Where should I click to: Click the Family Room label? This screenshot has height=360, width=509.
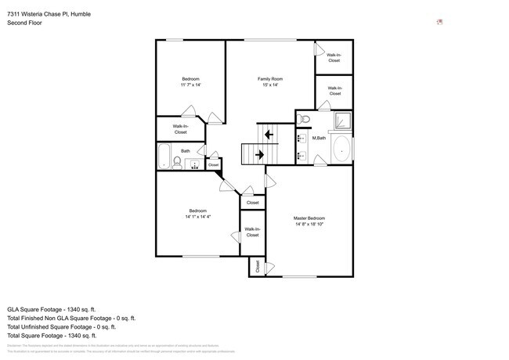click(270, 79)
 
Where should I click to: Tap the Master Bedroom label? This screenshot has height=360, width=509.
click(309, 218)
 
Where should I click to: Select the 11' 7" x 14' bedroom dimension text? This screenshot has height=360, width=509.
click(190, 85)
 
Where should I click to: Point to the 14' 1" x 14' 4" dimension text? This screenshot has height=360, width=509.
click(197, 217)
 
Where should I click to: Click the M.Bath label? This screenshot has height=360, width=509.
click(319, 139)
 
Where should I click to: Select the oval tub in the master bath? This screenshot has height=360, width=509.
click(341, 148)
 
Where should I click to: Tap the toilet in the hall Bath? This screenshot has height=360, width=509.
click(178, 163)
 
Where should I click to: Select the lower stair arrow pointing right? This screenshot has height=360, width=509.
click(259, 155)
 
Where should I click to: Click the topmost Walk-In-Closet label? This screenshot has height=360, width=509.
click(334, 57)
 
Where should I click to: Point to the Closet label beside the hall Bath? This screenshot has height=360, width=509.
click(213, 164)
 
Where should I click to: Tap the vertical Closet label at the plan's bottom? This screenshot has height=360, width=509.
click(257, 266)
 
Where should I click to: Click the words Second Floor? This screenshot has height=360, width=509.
click(25, 23)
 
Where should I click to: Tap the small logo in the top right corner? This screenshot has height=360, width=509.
click(440, 22)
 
